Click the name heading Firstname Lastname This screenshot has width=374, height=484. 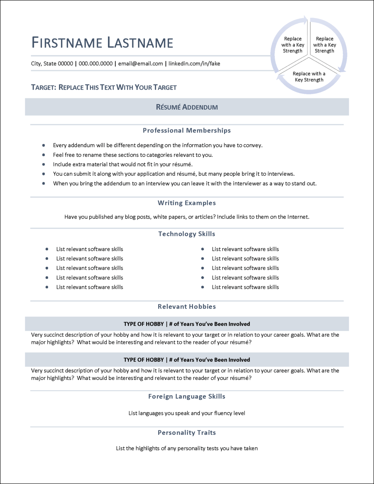pos(102,43)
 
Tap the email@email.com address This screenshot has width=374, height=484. pos(140,64)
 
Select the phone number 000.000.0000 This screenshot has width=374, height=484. pos(95,64)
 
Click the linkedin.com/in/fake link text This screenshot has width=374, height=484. pos(194,64)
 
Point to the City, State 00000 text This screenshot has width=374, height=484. pos(52,64)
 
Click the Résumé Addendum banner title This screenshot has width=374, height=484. pos(187,107)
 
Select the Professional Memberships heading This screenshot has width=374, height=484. pos(187,130)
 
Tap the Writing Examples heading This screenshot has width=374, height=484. pos(187,203)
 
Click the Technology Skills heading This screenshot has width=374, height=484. pos(187,234)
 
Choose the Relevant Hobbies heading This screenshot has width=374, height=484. pos(187,307)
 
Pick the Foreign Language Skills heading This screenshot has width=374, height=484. pos(187,396)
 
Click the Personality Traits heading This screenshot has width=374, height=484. pos(187,433)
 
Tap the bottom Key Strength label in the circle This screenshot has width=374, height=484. pos(309,77)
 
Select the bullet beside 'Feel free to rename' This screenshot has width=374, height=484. pos(43,155)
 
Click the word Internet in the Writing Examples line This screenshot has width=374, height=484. pos(298,217)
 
